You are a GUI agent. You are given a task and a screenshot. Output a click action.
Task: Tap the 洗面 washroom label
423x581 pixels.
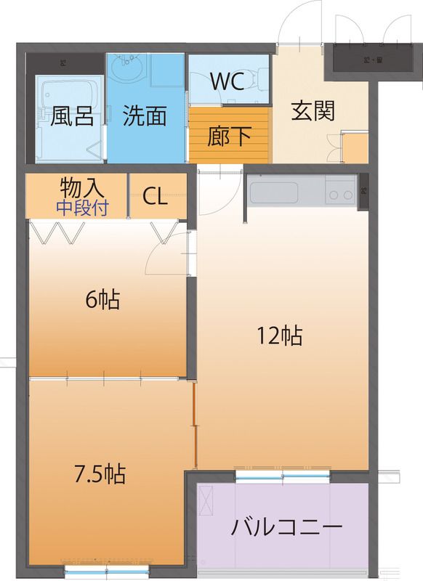(x=145, y=116)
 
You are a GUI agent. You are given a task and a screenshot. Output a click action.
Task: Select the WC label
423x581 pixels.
(x=227, y=81)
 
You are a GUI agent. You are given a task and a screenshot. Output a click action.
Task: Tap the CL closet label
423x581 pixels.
(x=156, y=197)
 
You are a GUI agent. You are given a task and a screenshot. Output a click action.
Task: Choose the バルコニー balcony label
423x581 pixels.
(x=286, y=527)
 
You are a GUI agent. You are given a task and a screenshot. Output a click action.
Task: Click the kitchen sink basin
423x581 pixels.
(x=274, y=194)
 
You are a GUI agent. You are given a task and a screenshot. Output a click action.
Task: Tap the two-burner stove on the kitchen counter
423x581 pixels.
(x=338, y=194)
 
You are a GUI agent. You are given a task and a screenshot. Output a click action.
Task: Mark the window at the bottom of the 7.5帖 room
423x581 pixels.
(x=107, y=566)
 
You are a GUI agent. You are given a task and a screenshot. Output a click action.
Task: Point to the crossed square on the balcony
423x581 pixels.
(x=206, y=501)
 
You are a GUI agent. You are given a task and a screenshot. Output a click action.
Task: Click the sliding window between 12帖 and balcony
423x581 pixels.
(x=283, y=476)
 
